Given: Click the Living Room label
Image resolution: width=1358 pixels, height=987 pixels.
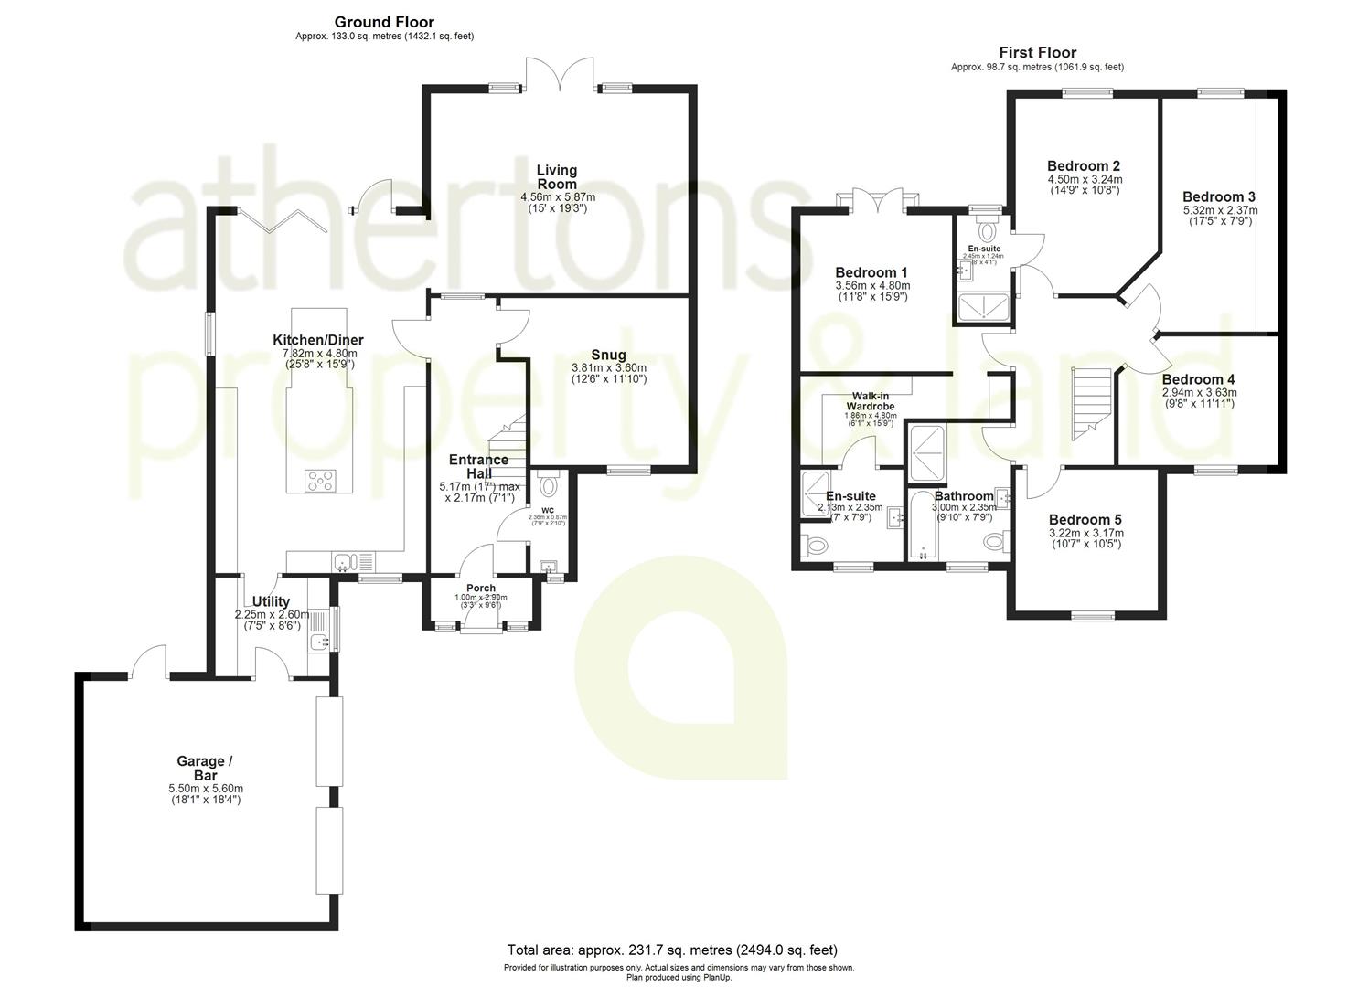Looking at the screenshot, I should (557, 177).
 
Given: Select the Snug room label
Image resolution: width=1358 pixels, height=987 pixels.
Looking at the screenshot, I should (608, 356).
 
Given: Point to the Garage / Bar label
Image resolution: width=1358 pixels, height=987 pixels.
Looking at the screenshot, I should (200, 768).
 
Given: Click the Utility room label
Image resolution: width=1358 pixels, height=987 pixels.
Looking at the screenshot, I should (271, 602).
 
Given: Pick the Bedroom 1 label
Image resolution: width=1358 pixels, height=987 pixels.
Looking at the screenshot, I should (871, 272).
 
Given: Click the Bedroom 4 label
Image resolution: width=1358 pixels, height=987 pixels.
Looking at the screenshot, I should (1198, 379).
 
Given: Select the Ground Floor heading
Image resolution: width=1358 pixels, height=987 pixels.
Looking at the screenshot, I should (384, 22).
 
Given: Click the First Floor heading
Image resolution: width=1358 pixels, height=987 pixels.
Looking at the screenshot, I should (1037, 53).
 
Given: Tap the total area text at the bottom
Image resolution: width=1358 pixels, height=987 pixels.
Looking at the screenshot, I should (672, 950).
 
